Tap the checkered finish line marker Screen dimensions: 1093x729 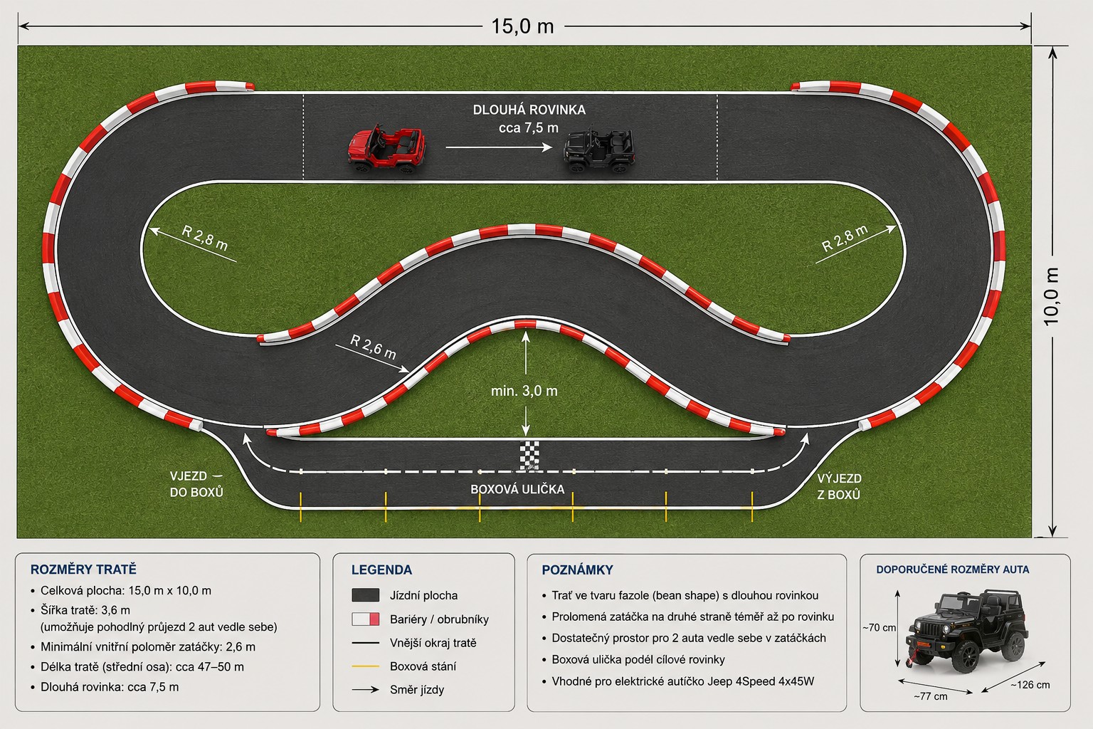pos(529,456)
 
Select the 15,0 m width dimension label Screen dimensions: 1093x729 pos(522,26)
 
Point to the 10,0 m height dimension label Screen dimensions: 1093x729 pos(1052,296)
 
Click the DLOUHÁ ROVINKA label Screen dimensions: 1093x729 pos(529,110)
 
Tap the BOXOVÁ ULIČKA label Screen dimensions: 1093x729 pos(517,489)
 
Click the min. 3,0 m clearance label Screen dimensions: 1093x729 pos(524,391)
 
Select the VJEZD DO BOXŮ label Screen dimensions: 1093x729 pos(196,484)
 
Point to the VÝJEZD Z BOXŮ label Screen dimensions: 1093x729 pos(839,486)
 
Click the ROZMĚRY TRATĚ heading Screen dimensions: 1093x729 pos(83,570)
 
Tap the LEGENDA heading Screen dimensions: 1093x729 pos(381,570)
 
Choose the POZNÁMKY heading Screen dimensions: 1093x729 pos(577,570)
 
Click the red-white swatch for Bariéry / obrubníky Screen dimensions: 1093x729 pos(366,619)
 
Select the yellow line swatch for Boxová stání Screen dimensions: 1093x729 pos(366,666)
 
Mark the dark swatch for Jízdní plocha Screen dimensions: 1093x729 pos(366,594)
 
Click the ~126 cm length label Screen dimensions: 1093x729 pos(1030,685)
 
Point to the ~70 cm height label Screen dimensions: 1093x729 pos(879,628)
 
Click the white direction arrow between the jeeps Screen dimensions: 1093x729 pos(499,147)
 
